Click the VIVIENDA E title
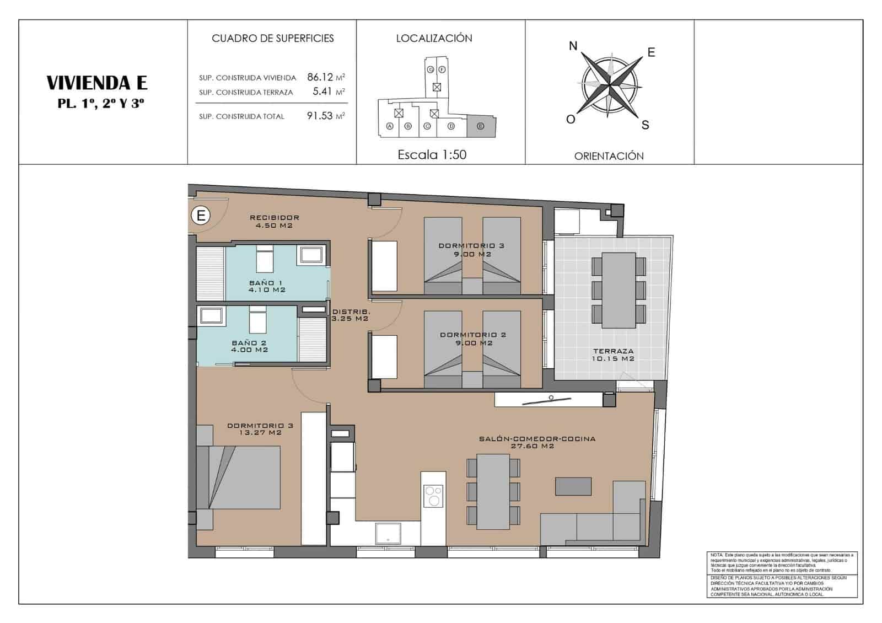[x=97, y=83]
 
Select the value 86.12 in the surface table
[x=320, y=77]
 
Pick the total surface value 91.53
[x=320, y=116]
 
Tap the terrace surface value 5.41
[x=322, y=92]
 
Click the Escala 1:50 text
[x=432, y=155]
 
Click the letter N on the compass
[x=573, y=46]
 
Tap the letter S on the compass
[x=645, y=125]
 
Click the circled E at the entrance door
[x=201, y=216]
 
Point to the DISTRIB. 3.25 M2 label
[x=350, y=315]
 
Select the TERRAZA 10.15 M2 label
[x=613, y=355]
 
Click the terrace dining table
[x=619, y=289]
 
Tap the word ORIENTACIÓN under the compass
[x=609, y=156]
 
